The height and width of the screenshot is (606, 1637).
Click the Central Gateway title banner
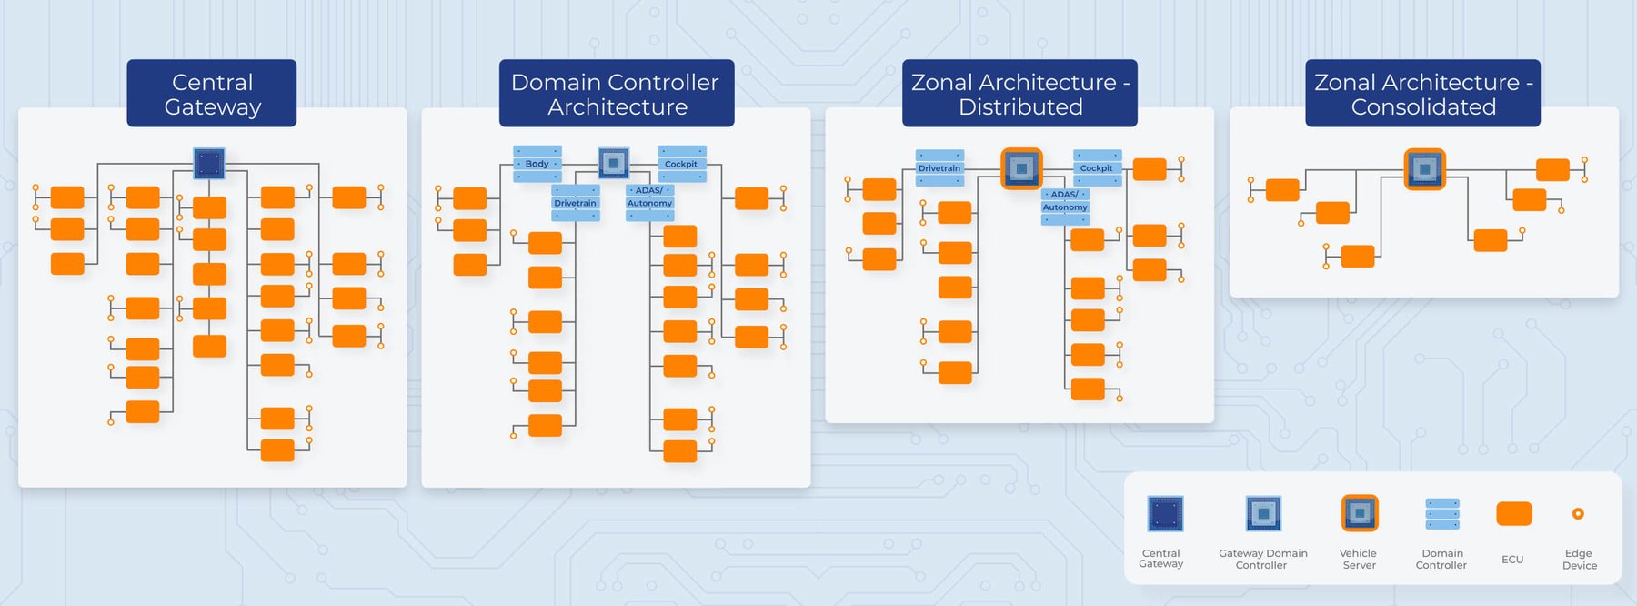[x=212, y=94]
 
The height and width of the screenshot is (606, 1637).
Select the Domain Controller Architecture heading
[x=616, y=94]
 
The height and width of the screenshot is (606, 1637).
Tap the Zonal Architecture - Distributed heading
[x=1019, y=94]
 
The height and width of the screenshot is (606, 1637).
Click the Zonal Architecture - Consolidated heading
[x=1422, y=94]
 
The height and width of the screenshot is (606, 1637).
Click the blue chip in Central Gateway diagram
[x=209, y=163]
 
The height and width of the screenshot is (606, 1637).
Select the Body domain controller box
[x=537, y=164]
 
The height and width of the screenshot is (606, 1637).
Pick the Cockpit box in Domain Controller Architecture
[x=681, y=164]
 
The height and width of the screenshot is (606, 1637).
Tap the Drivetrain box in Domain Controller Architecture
[x=576, y=203]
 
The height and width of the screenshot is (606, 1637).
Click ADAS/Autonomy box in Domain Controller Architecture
[x=649, y=197]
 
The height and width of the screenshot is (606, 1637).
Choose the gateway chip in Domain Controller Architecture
[x=614, y=163]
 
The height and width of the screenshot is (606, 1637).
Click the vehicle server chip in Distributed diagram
[x=1020, y=168]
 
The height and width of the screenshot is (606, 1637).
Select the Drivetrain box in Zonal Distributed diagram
[x=939, y=168]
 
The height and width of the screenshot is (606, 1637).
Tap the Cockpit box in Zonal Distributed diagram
[x=1097, y=168]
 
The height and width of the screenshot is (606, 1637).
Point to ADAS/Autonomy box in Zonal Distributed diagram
[x=1065, y=201]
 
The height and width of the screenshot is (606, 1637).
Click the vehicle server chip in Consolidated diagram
[x=1424, y=169]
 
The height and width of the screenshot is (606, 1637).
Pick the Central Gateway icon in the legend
[x=1164, y=514]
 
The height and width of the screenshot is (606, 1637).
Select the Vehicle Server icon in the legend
[x=1360, y=513]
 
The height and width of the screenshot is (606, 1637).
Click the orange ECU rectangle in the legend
[x=1513, y=514]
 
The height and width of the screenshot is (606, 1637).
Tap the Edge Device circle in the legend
[x=1578, y=514]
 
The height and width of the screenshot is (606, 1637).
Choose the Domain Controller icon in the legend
[x=1442, y=514]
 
